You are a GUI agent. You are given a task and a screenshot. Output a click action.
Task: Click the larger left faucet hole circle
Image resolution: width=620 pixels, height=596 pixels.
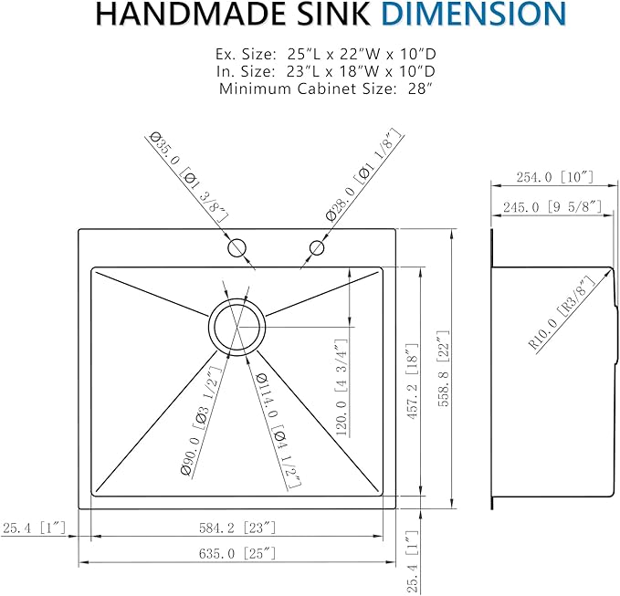tap(236, 246)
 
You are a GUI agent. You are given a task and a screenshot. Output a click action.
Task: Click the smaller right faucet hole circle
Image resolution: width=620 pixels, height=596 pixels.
tap(317, 246)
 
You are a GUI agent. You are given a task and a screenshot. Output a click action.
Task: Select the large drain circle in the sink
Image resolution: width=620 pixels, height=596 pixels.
tap(237, 324)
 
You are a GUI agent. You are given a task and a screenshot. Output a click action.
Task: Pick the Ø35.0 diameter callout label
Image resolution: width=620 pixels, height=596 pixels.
tap(187, 177)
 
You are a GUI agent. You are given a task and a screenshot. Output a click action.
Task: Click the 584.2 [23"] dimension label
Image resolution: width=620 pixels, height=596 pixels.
tap(236, 528)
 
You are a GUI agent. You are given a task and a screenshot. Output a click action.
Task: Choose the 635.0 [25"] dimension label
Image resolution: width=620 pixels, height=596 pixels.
tap(236, 553)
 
